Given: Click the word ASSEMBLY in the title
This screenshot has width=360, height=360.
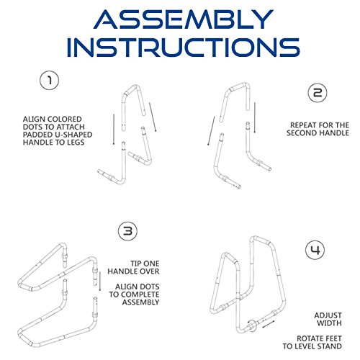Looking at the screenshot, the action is pos(184,19).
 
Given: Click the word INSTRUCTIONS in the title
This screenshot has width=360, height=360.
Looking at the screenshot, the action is pos(184,47).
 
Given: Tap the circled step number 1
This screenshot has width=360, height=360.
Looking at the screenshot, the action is pos(49,80).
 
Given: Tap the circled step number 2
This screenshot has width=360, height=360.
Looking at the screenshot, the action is pos(318,93).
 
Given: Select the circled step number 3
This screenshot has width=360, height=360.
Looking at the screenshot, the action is pos(128,231).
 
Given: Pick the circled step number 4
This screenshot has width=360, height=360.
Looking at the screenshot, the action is pos(315,250).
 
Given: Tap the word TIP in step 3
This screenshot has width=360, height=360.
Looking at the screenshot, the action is pos(136,264).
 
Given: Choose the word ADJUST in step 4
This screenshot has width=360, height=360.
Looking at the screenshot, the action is pos(328,315).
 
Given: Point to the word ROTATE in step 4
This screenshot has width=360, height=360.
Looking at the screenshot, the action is pos(309,338).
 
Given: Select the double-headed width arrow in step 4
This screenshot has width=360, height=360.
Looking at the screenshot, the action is pos(269,324).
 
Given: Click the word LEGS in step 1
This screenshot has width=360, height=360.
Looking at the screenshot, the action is pos(74,142).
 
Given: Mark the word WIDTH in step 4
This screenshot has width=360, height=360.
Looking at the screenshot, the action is pos(329,323).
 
